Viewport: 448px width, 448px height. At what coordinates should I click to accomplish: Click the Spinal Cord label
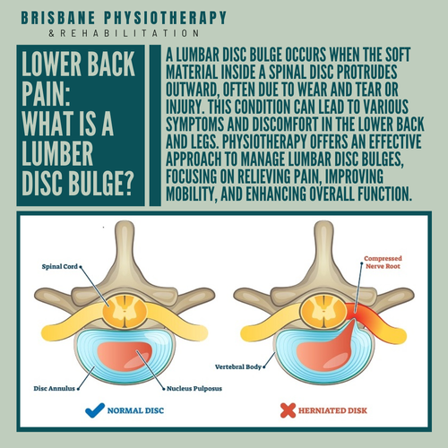pos(60,265)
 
